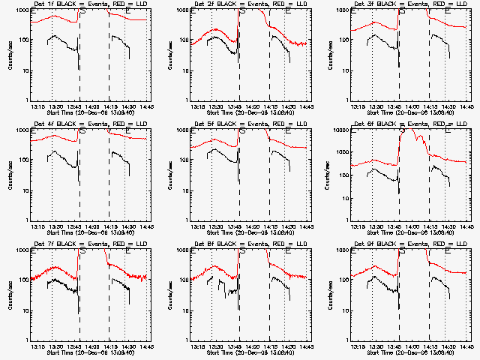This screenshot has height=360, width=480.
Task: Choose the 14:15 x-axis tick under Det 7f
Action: coord(109,346)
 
